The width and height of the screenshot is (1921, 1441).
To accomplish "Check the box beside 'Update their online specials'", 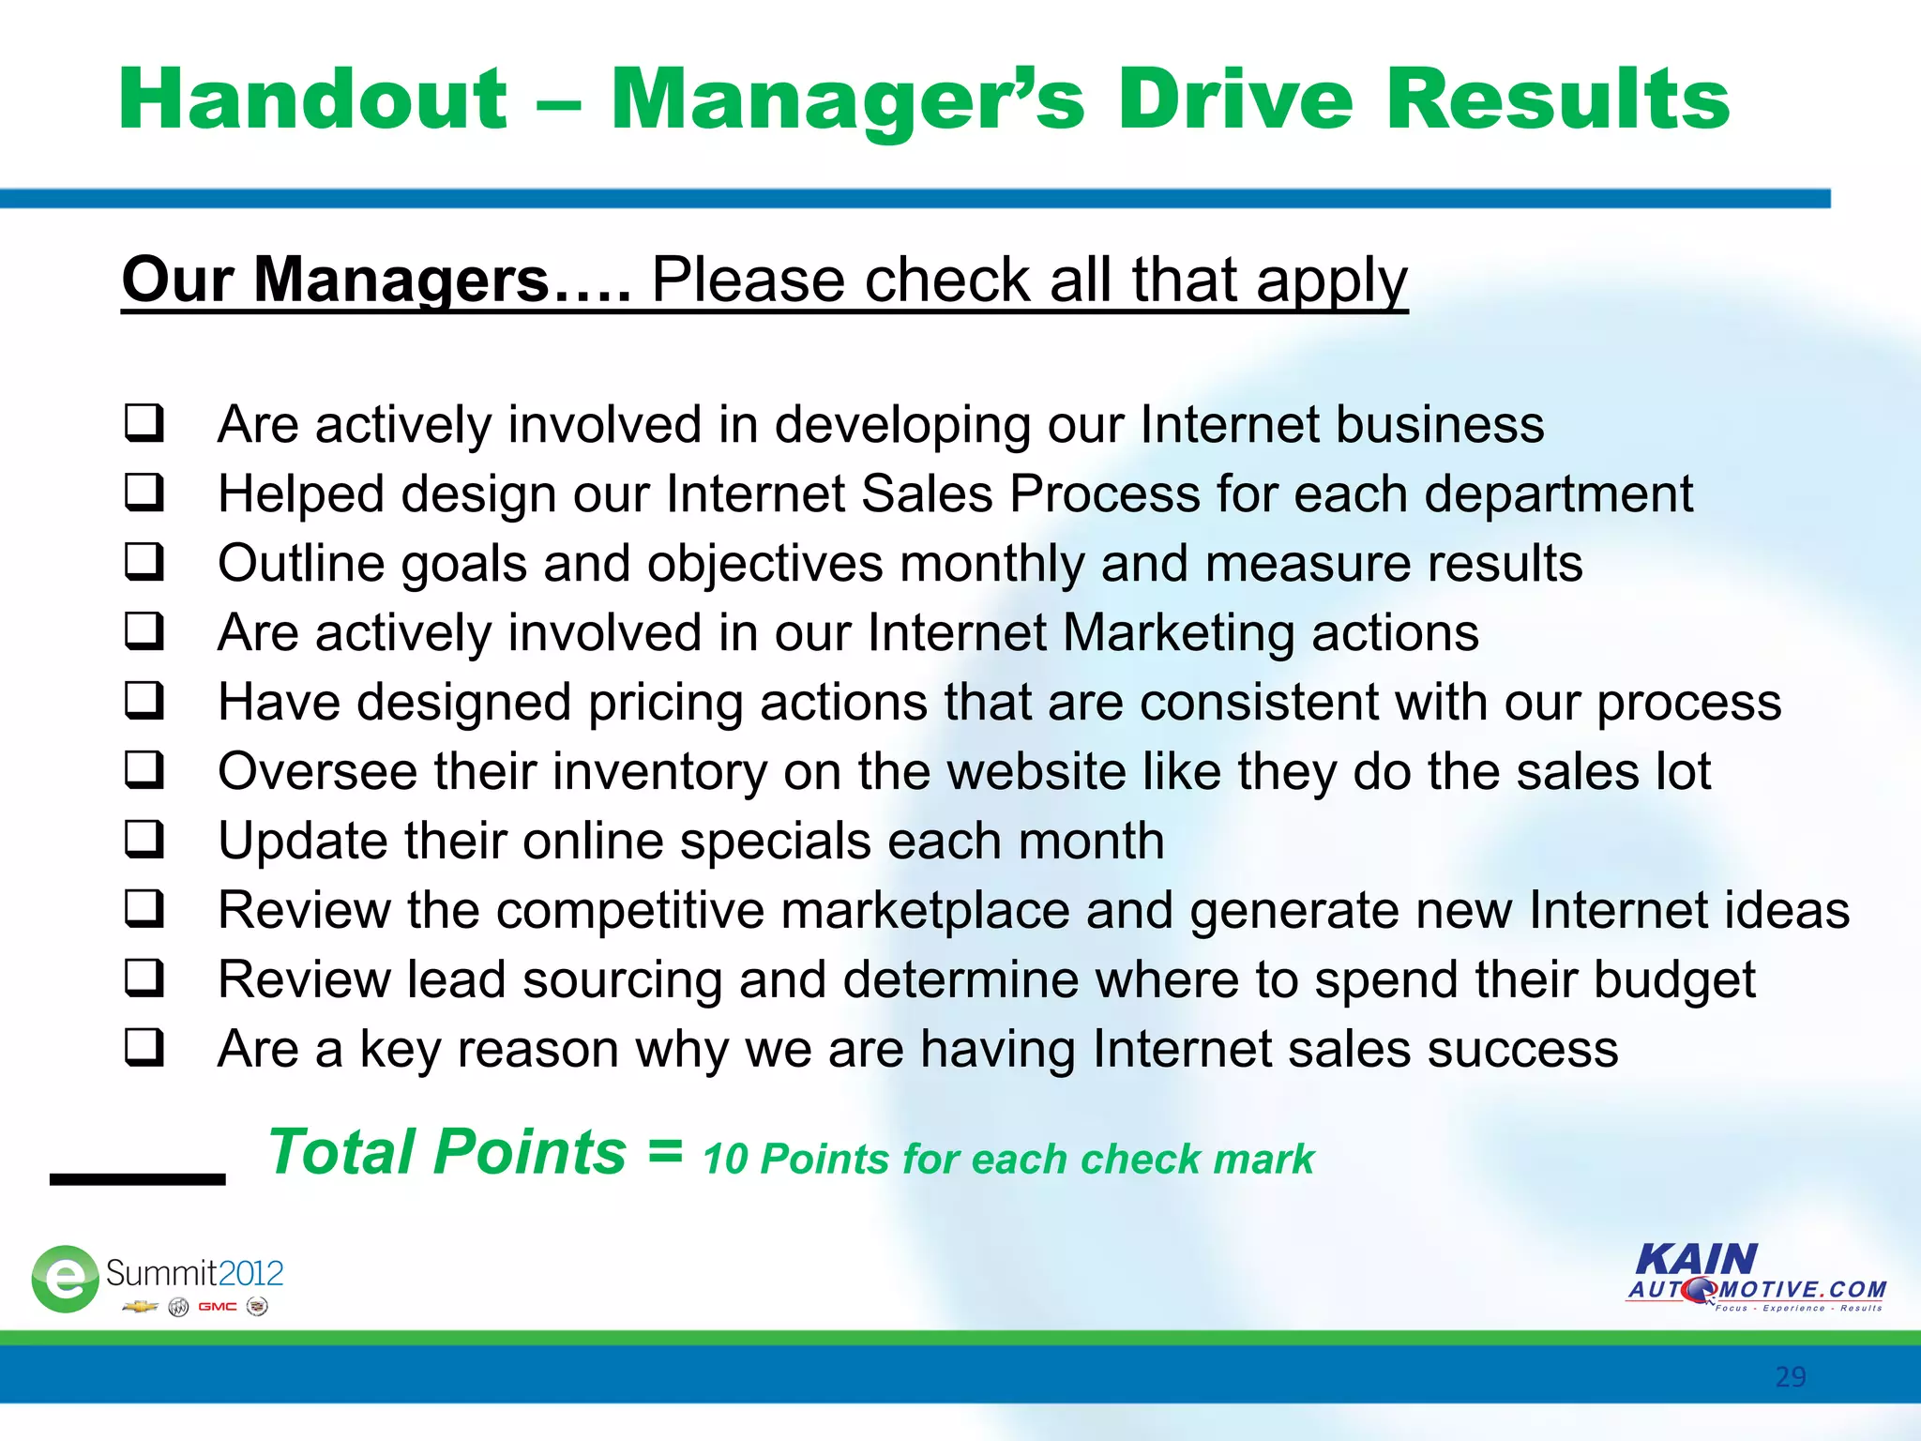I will point(144,839).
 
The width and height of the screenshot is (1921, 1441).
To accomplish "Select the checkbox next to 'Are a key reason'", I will point(144,1047).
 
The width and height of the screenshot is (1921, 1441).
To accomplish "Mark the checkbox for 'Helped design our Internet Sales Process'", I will point(144,492).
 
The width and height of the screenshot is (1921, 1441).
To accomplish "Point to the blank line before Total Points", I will point(138,1178).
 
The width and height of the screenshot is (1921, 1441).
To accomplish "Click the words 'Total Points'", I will point(446,1152).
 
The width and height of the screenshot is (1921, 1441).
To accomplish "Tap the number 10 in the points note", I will point(724,1160).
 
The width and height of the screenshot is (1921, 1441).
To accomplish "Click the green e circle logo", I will point(65,1278).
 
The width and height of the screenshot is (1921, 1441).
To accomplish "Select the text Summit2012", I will point(194,1273).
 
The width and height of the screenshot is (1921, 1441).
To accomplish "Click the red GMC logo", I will point(217,1307).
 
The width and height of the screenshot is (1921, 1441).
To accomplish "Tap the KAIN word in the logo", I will point(1696,1259).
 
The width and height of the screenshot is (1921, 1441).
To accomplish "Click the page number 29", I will point(1790,1376).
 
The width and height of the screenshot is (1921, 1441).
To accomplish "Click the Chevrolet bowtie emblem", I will point(140,1307).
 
